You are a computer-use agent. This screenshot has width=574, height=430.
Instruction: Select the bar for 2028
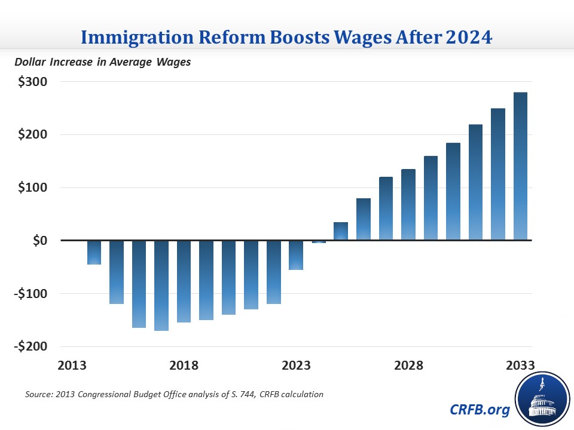(408, 204)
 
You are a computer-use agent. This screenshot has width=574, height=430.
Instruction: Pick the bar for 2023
(296, 255)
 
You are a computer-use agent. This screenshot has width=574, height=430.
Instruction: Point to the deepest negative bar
(161, 285)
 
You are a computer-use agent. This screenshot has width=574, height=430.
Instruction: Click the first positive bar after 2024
(341, 231)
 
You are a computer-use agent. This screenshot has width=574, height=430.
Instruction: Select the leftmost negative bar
(94, 253)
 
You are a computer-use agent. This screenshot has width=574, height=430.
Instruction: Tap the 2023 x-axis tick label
(296, 365)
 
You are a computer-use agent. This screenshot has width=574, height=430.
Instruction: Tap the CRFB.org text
(480, 410)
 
